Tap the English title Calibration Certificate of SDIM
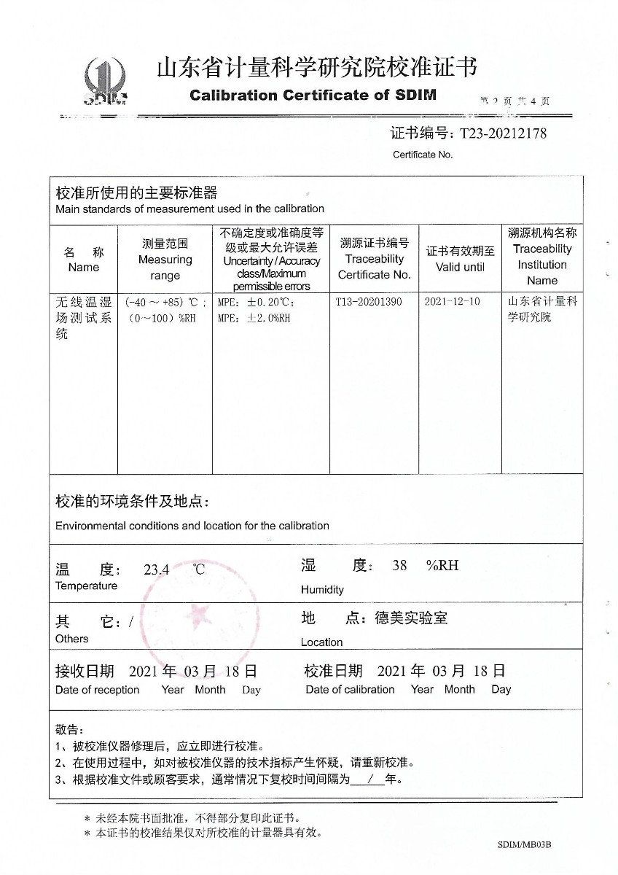click(313, 96)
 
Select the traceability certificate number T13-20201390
click(369, 301)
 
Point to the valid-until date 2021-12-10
click(452, 301)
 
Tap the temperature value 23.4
click(156, 570)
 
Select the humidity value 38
click(399, 565)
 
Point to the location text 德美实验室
click(411, 618)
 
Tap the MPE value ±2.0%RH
click(254, 318)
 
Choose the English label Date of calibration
click(350, 690)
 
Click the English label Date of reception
click(97, 691)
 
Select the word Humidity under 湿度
click(321, 590)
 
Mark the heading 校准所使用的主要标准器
click(136, 193)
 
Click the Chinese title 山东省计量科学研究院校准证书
click(317, 69)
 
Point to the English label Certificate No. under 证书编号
click(423, 155)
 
